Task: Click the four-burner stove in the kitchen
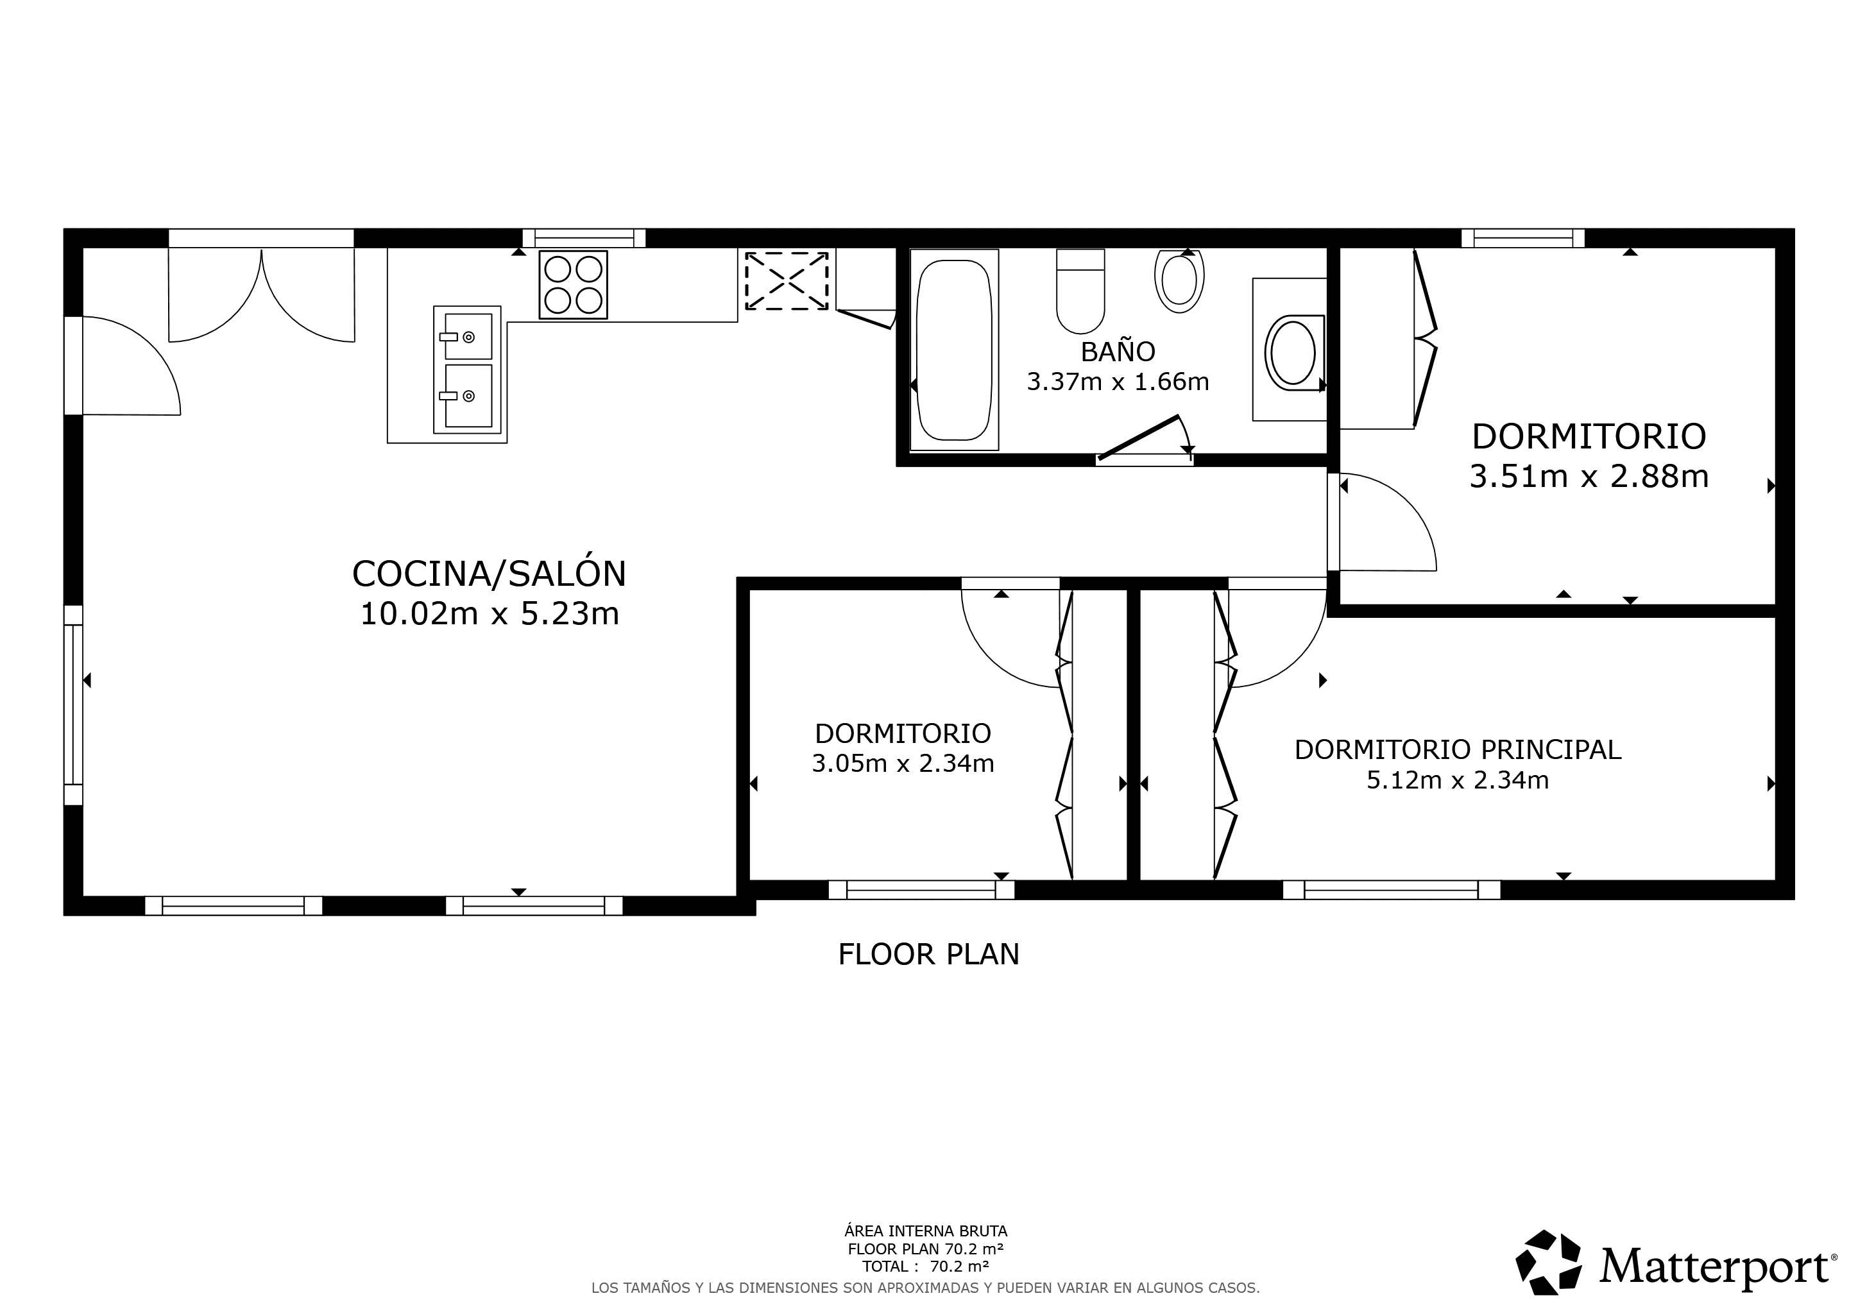(x=573, y=284)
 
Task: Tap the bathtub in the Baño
(x=954, y=350)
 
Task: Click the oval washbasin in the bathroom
(x=1293, y=353)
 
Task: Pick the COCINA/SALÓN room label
(x=489, y=574)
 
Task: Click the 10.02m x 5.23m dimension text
(x=489, y=614)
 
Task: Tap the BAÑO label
(x=1118, y=351)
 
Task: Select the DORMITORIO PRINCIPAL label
(x=1458, y=750)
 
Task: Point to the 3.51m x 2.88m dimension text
(x=1589, y=477)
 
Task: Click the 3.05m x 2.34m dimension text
(x=902, y=763)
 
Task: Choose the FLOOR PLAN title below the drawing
(x=928, y=955)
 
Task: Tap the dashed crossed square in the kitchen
(x=787, y=280)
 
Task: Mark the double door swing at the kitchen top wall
(x=261, y=295)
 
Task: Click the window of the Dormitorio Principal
(x=1391, y=890)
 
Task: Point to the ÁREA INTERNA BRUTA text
(x=926, y=1231)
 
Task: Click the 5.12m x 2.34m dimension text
(x=1458, y=780)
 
